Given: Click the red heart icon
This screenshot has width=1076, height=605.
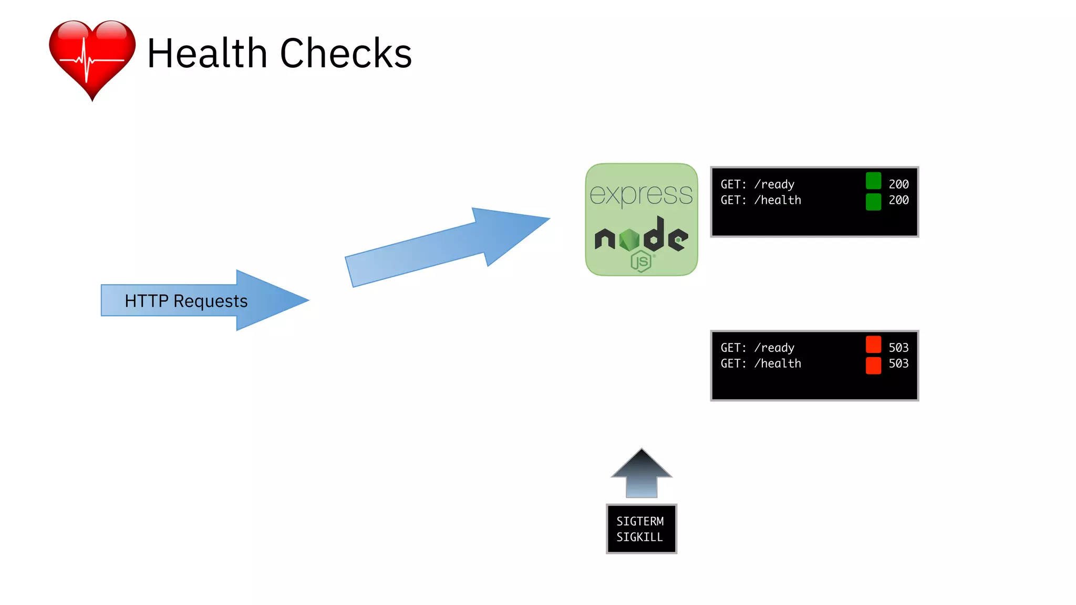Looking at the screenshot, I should point(92,58).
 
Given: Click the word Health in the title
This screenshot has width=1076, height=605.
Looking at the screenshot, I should point(207,54).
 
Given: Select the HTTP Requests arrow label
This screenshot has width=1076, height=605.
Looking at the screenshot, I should point(186,301).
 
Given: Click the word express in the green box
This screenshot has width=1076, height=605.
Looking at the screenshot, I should point(641,194).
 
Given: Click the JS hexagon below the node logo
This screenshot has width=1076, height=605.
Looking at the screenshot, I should point(641,261).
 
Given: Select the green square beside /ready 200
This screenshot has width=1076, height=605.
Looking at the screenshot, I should point(873,181).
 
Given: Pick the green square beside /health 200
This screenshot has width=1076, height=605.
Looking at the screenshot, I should point(873,202).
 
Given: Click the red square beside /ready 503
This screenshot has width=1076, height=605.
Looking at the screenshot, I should point(873,345).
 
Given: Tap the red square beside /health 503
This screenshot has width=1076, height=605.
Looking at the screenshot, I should point(873,365).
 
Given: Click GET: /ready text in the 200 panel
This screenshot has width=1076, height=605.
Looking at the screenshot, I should point(757,184).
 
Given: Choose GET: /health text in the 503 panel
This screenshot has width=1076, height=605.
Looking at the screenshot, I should point(761,363).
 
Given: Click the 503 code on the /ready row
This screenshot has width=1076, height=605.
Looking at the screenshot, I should point(898,348).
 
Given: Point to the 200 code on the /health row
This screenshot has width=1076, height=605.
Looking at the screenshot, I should point(898,200).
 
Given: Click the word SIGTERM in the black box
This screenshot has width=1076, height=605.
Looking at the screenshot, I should point(640,521).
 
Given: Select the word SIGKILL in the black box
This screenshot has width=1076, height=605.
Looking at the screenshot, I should point(639,537).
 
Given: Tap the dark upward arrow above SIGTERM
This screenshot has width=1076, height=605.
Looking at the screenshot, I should point(641,473).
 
